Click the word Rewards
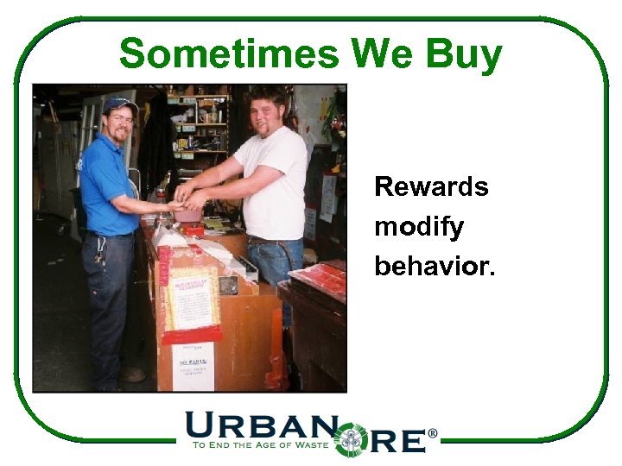(431, 187)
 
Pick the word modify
(419, 229)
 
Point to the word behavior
(435, 267)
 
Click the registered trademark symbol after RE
(433, 433)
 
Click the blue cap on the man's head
(119, 105)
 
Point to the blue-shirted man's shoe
(131, 375)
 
